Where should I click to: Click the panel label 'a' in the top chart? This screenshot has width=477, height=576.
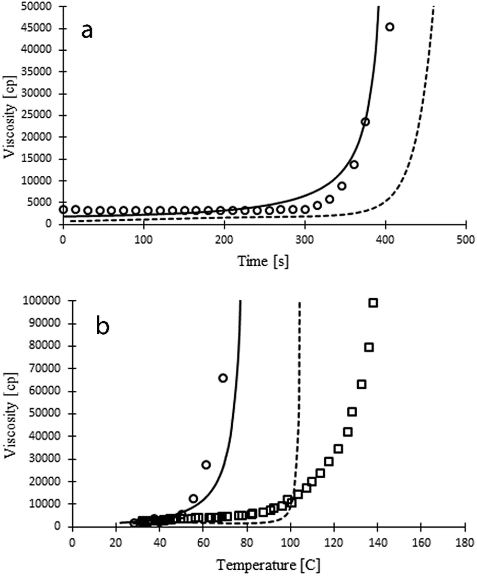[x=87, y=31]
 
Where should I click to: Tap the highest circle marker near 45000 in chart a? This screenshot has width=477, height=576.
[x=390, y=27]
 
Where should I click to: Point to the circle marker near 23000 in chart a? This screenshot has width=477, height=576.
[x=365, y=122]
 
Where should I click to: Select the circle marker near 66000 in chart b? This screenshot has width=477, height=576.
[x=223, y=378]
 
